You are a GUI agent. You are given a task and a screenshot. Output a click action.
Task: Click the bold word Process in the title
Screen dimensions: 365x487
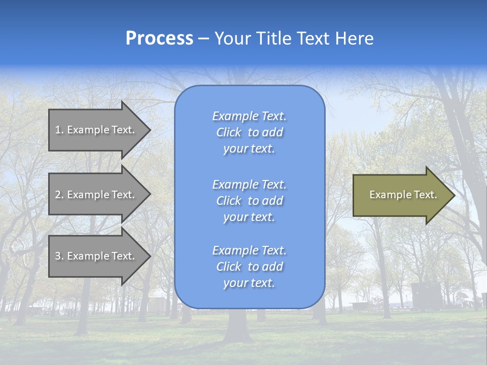(x=159, y=39)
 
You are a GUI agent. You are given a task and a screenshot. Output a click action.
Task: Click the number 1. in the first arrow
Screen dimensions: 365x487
(x=59, y=130)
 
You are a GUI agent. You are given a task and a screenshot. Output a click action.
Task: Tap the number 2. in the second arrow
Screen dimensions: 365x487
(x=59, y=195)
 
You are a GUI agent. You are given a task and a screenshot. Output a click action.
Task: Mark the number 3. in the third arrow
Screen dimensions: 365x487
(x=59, y=256)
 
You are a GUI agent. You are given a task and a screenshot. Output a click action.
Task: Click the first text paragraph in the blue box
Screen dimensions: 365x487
(x=249, y=132)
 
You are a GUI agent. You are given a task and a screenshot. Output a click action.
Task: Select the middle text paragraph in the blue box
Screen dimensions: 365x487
(x=249, y=201)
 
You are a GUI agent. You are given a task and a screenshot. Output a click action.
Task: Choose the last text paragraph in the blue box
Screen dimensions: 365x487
(x=249, y=267)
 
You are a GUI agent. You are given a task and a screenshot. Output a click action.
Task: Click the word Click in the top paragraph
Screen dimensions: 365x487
(x=229, y=132)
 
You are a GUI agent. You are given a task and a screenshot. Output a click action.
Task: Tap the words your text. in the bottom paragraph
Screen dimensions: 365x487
(x=249, y=283)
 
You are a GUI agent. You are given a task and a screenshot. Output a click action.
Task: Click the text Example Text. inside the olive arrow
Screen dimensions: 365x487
(x=403, y=195)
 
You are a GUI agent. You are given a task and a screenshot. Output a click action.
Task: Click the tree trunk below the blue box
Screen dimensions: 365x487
(x=238, y=324)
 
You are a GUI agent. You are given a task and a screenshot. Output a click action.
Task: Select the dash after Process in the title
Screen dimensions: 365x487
(x=204, y=39)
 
